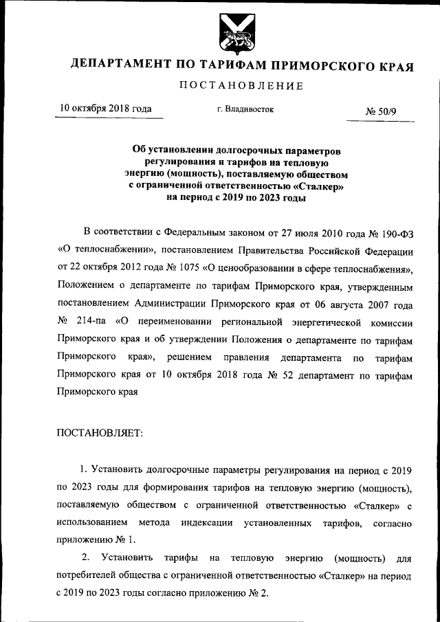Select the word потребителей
click(x=87, y=576)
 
